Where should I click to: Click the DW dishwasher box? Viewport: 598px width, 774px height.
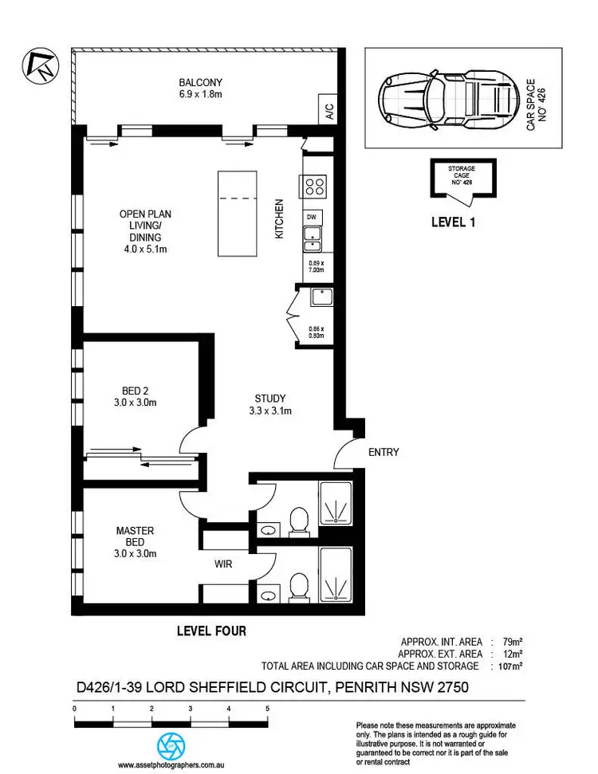[x=313, y=216]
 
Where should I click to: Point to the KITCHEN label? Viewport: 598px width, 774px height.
[x=280, y=220]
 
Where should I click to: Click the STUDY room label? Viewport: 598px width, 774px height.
[x=270, y=399]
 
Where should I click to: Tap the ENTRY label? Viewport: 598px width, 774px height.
[x=384, y=452]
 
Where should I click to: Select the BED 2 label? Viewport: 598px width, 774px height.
[x=135, y=391]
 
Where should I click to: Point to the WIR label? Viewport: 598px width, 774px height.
[x=223, y=564]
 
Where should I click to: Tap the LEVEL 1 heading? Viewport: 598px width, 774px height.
[x=453, y=222]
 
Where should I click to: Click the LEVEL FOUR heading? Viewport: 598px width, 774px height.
[x=210, y=631]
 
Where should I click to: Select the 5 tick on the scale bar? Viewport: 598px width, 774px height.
[x=267, y=708]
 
